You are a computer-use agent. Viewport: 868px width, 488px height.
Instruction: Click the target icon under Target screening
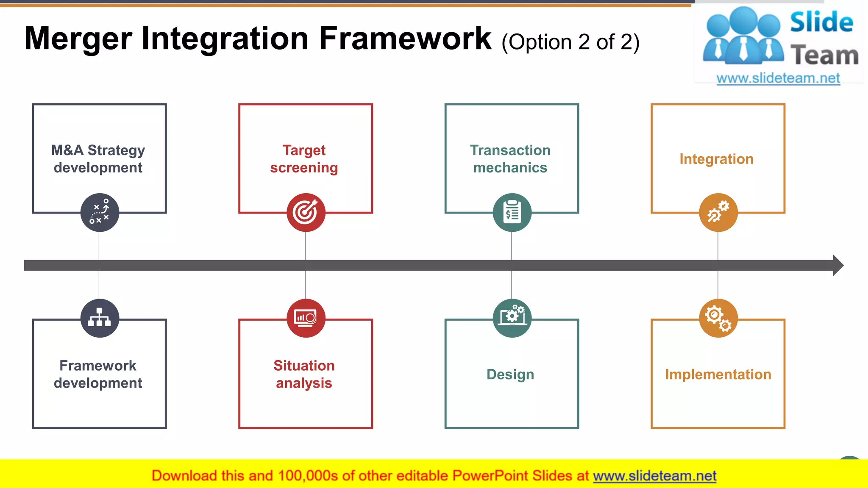[306, 213]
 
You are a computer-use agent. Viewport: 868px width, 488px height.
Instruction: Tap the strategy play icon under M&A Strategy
[100, 213]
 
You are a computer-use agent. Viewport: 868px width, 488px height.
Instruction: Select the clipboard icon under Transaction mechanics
[512, 213]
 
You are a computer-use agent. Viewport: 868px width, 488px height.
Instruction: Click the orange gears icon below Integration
[718, 213]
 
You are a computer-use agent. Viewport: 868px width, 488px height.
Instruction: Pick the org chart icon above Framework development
[100, 318]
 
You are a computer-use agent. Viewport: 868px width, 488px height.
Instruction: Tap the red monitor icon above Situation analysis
[306, 318]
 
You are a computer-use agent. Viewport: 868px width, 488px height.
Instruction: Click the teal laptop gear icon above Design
[512, 318]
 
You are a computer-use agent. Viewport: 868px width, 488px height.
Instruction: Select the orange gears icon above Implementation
[718, 318]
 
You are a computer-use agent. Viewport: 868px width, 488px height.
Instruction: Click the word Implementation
[718, 374]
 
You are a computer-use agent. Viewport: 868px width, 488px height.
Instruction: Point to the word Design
[510, 374]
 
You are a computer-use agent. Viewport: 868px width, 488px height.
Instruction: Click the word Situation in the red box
[304, 366]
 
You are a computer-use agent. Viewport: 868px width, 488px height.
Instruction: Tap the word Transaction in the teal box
[510, 150]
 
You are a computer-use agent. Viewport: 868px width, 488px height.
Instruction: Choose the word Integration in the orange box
[716, 159]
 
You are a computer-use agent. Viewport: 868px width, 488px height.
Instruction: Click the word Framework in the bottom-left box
[98, 366]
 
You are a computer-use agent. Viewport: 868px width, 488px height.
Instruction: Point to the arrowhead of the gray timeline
[838, 266]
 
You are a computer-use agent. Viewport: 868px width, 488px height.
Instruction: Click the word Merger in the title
[78, 39]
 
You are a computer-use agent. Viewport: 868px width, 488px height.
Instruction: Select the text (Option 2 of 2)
[570, 42]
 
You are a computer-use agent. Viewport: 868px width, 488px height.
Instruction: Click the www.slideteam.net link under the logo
[778, 78]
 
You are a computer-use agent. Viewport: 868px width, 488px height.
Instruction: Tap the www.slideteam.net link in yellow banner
[654, 476]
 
